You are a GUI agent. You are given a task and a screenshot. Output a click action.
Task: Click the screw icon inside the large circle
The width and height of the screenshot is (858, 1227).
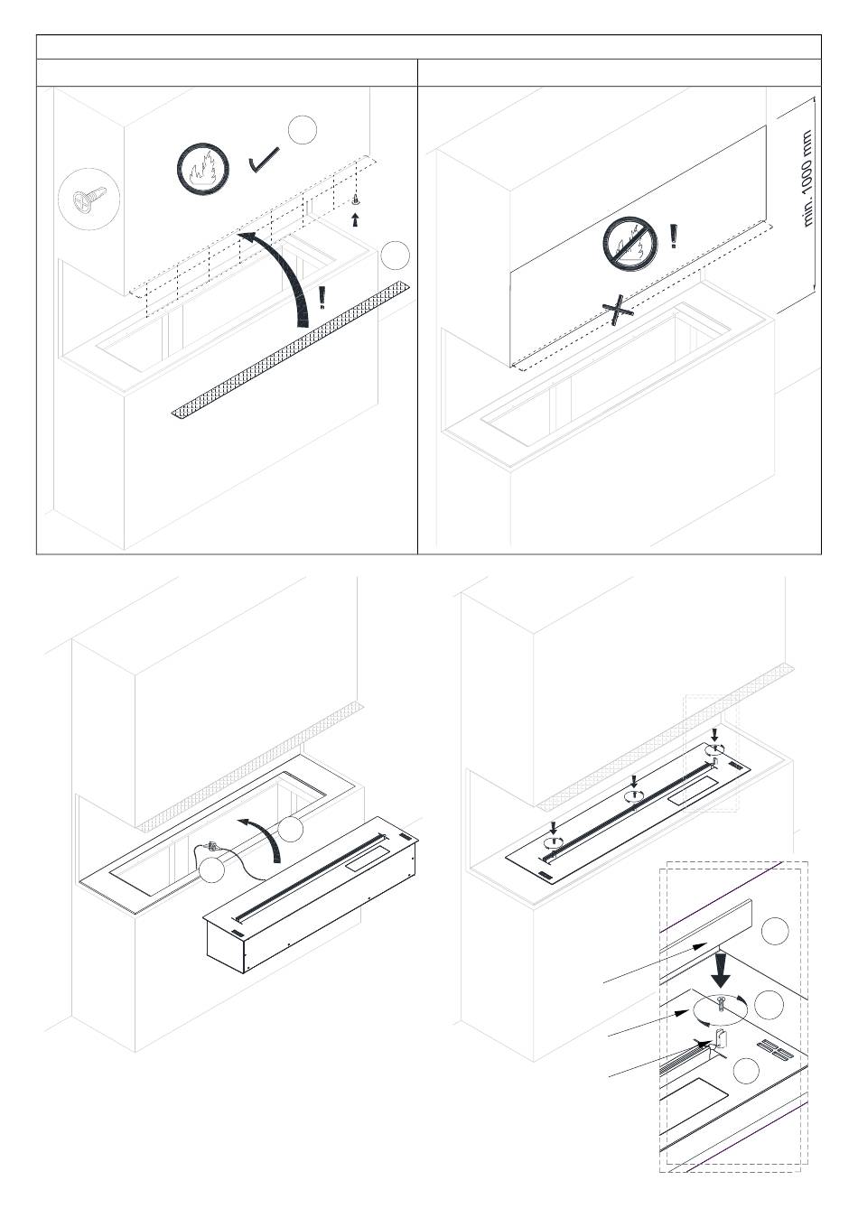(89, 199)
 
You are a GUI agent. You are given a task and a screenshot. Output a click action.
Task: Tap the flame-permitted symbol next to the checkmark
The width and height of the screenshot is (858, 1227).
(203, 169)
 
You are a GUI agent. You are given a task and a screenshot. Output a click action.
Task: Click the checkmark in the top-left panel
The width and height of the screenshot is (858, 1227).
(264, 160)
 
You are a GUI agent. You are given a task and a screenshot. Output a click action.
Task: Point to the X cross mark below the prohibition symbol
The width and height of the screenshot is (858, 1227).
(618, 310)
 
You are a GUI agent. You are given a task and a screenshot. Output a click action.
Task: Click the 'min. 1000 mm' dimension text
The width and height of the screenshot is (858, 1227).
(807, 178)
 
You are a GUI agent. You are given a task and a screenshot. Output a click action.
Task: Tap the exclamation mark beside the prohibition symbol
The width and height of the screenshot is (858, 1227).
(674, 236)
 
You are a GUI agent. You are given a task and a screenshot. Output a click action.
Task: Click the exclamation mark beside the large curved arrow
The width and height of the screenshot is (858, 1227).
(322, 298)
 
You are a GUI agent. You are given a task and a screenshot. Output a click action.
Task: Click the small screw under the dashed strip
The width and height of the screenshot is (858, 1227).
(356, 200)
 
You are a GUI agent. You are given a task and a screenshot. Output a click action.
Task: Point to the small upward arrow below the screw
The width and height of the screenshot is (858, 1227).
(356, 219)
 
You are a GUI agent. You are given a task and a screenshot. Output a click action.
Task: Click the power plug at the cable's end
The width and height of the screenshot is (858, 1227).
(211, 847)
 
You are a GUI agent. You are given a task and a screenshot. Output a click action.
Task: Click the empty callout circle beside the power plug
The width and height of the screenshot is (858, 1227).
(211, 869)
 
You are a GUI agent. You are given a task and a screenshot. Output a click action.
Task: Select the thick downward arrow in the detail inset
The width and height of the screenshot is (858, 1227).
(722, 970)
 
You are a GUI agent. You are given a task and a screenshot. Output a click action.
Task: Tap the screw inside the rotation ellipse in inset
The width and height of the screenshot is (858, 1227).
(720, 1003)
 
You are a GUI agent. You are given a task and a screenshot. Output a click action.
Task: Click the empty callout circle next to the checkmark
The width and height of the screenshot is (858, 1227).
(303, 130)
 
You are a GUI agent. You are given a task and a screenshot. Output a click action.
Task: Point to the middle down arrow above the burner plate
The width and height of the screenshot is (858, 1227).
(634, 781)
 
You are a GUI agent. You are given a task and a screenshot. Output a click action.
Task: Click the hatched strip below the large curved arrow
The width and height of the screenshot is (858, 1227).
(292, 349)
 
